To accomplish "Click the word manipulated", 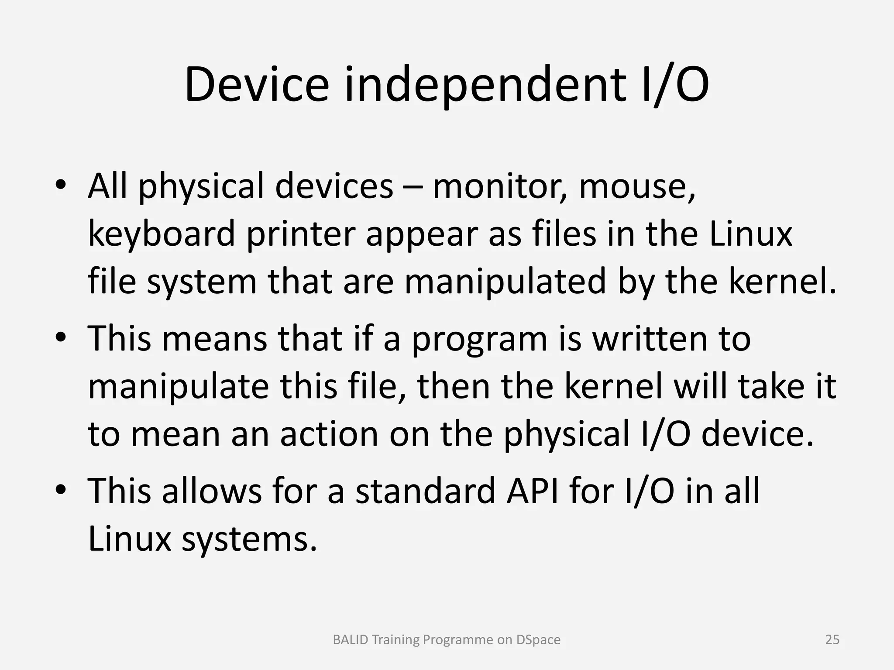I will [505, 282].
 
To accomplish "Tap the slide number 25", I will [832, 639].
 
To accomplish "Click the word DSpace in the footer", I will [538, 639].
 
